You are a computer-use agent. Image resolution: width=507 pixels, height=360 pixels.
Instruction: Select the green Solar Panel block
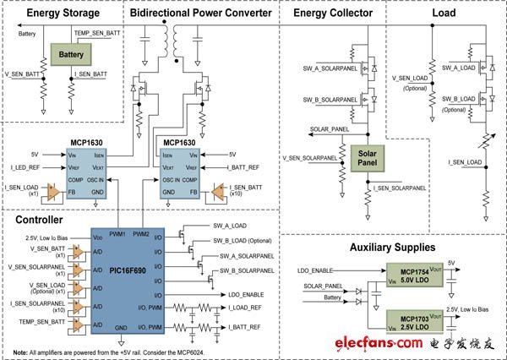(x=367, y=155)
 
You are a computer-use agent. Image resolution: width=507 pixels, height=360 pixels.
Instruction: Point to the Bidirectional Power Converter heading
(x=200, y=14)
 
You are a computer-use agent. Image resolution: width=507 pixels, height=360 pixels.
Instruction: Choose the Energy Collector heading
(x=329, y=14)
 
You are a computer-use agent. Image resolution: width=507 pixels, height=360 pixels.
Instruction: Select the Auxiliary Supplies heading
(x=391, y=248)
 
